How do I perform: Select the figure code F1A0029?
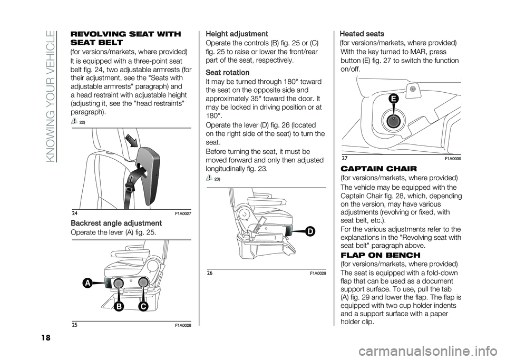(x=316, y=273)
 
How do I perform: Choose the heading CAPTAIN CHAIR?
(x=375, y=169)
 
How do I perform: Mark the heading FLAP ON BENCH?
(x=376, y=255)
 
